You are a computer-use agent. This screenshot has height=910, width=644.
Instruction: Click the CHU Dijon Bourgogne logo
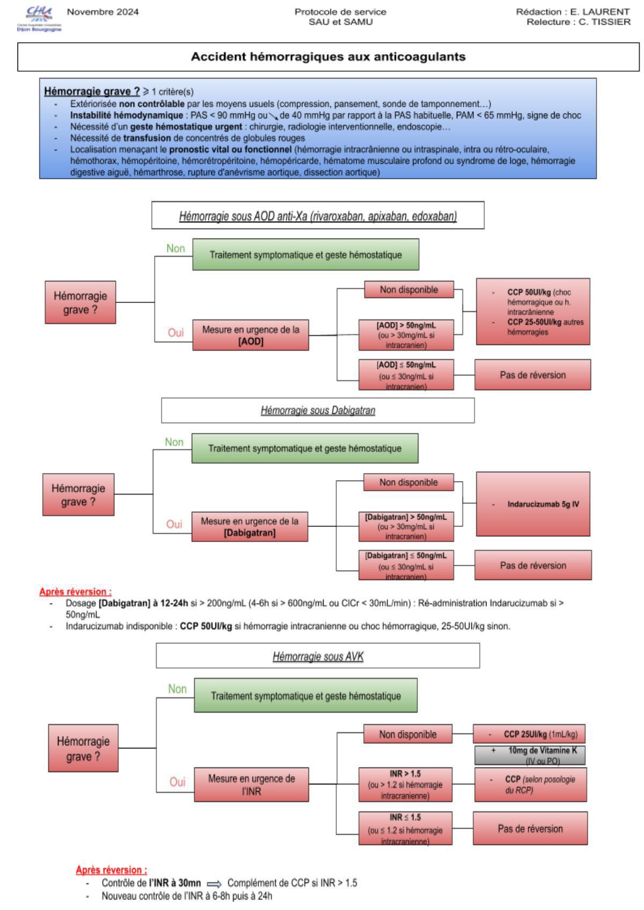coord(39,19)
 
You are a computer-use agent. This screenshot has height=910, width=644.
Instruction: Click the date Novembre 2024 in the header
coord(103,12)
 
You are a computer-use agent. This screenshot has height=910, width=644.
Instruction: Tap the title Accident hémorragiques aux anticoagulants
coord(328,56)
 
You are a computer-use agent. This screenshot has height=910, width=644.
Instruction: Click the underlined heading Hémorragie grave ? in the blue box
coord(91,91)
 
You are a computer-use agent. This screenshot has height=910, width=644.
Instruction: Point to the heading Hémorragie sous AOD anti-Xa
coord(318,216)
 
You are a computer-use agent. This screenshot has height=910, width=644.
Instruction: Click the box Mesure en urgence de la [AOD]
coord(251,336)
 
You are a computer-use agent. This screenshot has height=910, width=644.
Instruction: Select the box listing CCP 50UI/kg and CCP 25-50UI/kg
coord(533,311)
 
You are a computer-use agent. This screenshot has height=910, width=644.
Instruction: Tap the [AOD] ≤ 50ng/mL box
coord(406,375)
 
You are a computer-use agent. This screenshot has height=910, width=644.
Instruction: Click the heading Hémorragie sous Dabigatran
coord(318,411)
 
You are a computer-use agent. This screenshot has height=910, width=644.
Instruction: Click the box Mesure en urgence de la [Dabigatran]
coord(250,527)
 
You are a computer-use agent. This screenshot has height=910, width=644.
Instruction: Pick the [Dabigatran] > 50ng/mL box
coord(406,526)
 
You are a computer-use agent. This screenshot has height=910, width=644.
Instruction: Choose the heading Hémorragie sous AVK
coord(318,656)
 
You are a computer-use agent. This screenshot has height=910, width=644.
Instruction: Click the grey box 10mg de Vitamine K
coord(529,755)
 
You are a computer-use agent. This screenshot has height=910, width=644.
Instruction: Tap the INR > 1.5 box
coord(405,784)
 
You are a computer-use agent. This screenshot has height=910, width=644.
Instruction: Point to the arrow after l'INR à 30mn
coord(214,884)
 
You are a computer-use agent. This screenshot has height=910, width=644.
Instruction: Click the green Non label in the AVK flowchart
coord(177,689)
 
